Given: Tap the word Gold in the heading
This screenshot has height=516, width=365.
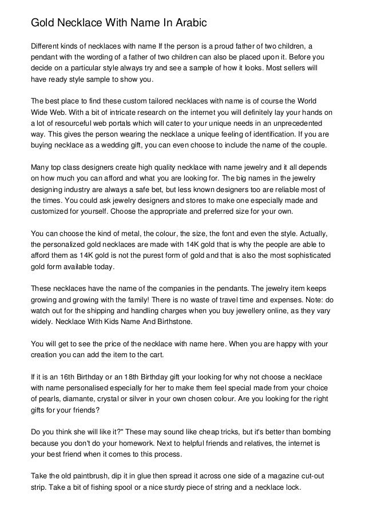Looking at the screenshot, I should coord(43,23).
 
